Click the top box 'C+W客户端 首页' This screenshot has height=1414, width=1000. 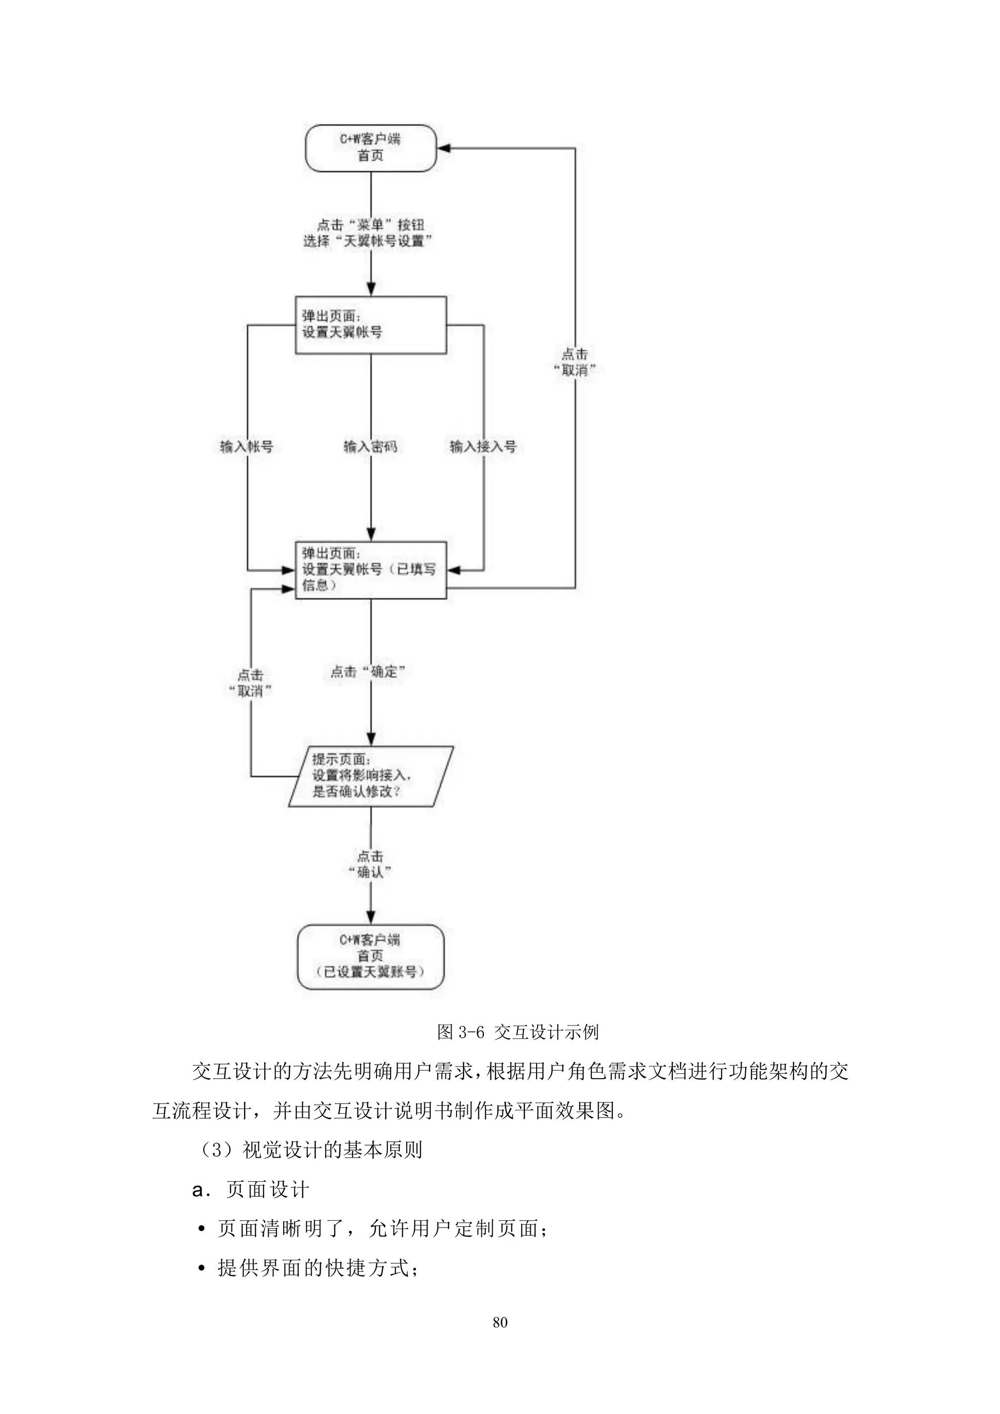370,148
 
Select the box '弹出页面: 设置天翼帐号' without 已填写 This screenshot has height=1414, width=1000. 370,325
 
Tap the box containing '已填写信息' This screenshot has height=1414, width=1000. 370,570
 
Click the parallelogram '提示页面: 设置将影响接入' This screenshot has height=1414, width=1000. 370,776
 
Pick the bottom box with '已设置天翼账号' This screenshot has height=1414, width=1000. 370,957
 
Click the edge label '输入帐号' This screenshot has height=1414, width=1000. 247,447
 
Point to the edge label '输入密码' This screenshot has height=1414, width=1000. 370,447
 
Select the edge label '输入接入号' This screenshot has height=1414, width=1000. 482,447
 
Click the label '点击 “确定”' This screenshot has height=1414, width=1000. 368,671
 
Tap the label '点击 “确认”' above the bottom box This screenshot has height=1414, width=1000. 370,863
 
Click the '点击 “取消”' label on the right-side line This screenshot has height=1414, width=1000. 574,362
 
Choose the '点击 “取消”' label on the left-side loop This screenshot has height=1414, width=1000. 250,683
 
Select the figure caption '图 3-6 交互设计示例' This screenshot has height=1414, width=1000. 517,1031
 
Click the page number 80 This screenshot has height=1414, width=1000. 500,1322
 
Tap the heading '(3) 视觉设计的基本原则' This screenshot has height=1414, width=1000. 308,1150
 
